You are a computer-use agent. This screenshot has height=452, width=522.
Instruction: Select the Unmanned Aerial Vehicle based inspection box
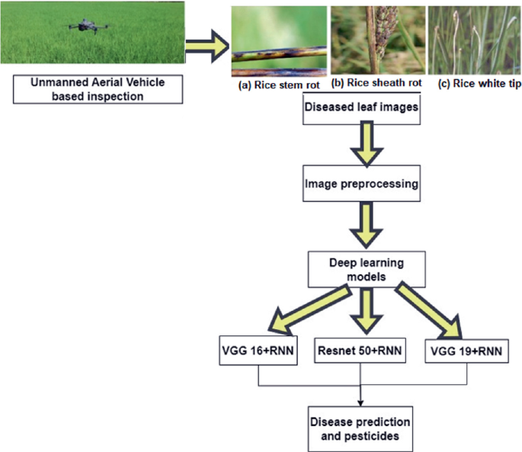[x=98, y=91]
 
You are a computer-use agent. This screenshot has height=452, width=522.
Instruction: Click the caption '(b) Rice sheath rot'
[x=376, y=83]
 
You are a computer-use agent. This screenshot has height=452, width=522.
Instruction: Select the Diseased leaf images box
[x=359, y=107]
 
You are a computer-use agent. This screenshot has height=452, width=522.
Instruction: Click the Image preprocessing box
[x=359, y=184]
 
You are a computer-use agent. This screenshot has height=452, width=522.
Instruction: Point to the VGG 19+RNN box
[x=464, y=351]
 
